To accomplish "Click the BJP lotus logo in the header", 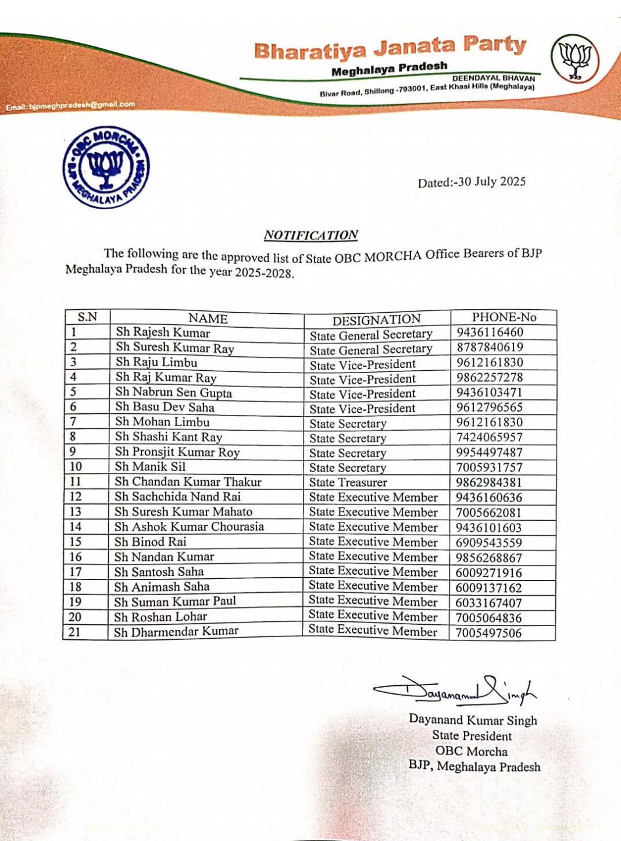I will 574,58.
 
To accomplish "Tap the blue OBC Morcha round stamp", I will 106,167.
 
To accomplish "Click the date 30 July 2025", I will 472,182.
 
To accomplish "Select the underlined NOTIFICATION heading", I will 310,235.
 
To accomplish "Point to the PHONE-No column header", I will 504,317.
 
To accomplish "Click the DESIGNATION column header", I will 376,320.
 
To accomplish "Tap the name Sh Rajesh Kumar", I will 163,332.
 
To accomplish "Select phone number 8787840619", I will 490,348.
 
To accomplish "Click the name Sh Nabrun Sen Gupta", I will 173,392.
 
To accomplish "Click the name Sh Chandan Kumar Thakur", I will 188,482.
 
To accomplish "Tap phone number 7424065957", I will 489,437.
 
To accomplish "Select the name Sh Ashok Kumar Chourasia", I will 189,527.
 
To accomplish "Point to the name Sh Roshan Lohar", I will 160,617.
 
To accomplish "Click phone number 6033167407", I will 489,603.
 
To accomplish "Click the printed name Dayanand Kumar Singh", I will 473,720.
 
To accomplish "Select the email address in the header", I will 70,106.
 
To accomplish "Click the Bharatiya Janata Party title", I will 390,48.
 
